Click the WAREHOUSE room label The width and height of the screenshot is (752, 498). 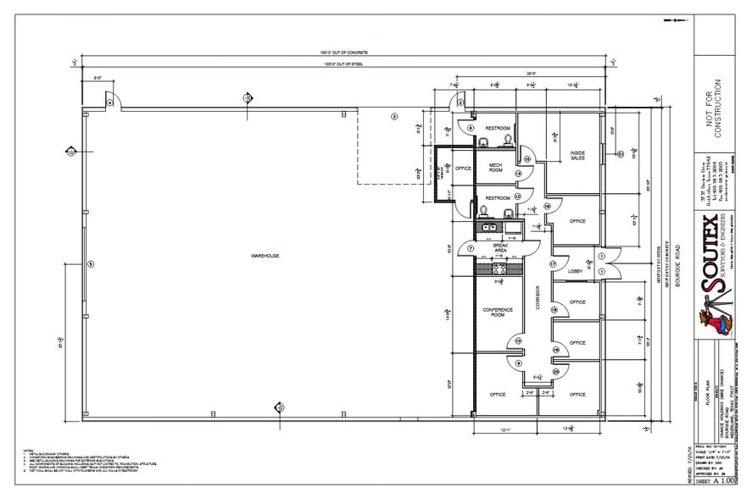[265, 256]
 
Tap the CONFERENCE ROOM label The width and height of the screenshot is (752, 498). [498, 312]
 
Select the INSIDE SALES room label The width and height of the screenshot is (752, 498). [577, 155]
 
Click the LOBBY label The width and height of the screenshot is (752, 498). [574, 271]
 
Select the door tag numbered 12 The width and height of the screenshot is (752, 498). [517, 196]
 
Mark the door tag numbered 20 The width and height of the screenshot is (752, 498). [556, 371]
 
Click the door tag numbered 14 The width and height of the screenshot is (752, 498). [547, 206]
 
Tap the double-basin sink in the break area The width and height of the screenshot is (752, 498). [487, 227]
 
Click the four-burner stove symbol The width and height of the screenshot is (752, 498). [499, 268]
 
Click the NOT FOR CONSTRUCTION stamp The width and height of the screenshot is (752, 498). [715, 109]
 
